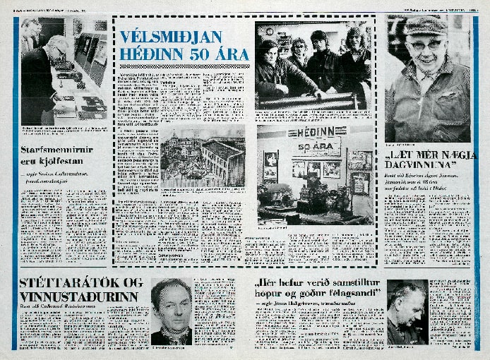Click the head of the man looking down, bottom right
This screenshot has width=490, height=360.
click(406, 300)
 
